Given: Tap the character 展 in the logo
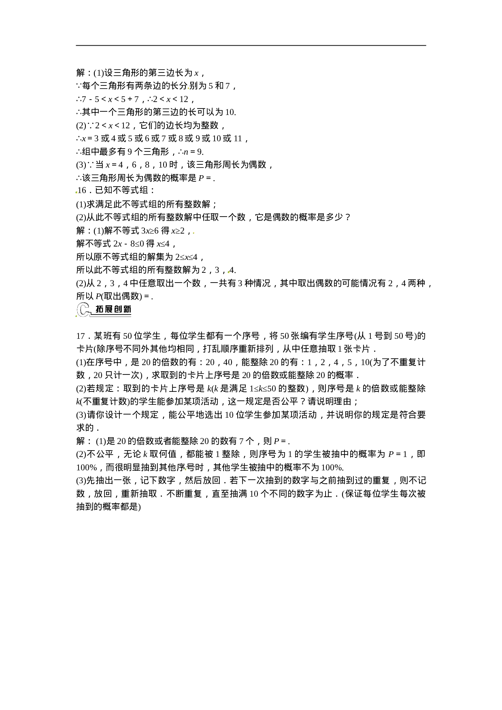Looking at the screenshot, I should [108, 309].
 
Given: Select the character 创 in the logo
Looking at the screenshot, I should [118, 309].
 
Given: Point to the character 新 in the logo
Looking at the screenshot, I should [127, 309].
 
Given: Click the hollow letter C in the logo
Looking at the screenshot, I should [83, 310].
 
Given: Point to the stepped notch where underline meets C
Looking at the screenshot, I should [91, 313].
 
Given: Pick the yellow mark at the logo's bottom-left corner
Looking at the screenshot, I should [77, 316].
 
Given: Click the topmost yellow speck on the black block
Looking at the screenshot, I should [188, 88].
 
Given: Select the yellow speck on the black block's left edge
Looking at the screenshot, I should [77, 193].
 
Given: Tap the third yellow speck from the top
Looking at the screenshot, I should [194, 233].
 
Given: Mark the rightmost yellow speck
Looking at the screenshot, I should [229, 272].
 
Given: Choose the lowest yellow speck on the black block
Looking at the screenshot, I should [185, 470].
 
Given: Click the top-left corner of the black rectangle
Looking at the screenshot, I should [76, 45].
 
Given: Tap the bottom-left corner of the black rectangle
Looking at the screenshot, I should [76, 511].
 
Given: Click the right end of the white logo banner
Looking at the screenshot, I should [130, 309].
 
